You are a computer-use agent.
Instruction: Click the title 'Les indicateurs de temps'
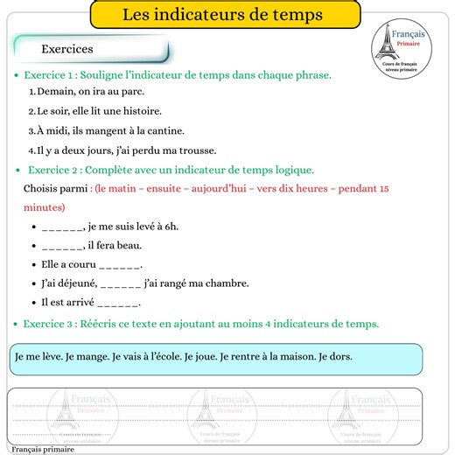[222, 15]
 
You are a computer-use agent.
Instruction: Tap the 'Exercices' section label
[66, 49]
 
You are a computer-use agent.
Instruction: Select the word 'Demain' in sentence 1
[55, 91]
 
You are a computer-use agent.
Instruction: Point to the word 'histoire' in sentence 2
[141, 111]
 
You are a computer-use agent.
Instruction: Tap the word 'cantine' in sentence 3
[170, 130]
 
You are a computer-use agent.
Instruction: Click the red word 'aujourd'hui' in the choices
[223, 189]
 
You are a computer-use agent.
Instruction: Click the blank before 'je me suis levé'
[62, 227]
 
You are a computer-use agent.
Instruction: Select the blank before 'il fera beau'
[62, 246]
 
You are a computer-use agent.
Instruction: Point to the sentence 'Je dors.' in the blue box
[335, 356]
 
